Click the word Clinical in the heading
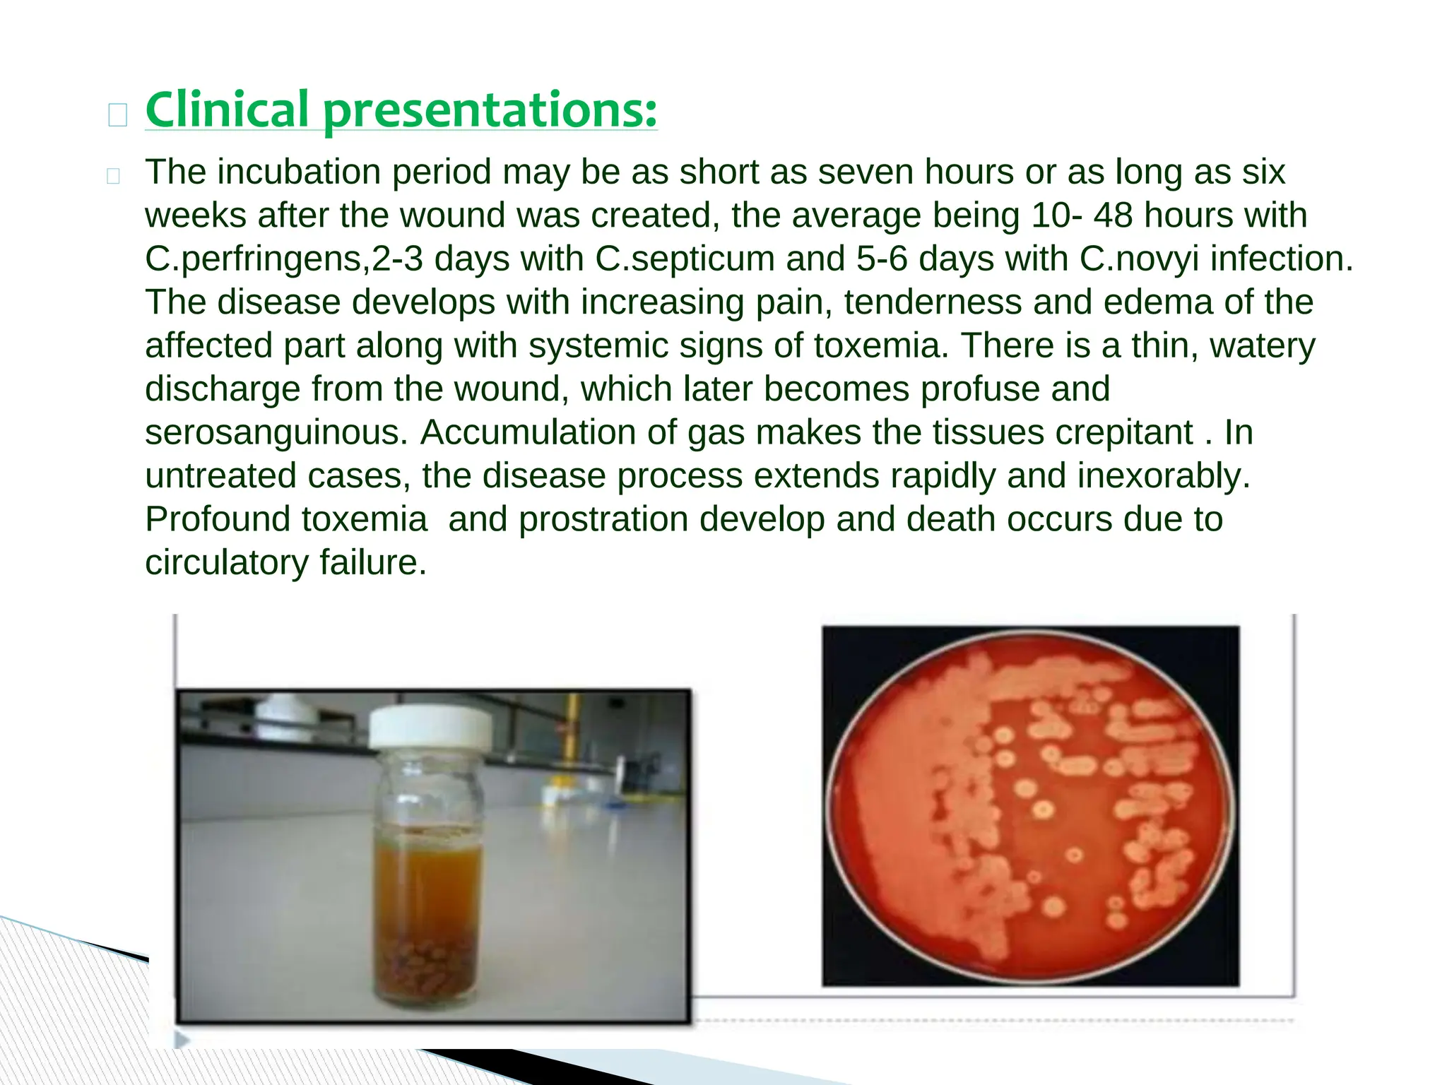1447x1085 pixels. click(x=227, y=110)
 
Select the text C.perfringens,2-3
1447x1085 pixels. click(x=283, y=259)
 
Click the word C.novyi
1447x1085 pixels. click(x=1138, y=259)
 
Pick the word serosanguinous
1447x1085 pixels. click(x=276, y=432)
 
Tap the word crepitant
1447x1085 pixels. click(x=1123, y=432)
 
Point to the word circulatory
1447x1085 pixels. click(x=226, y=563)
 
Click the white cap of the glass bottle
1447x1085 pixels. click(x=430, y=728)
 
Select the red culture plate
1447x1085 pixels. click(x=1030, y=805)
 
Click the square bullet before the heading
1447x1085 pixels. click(x=118, y=115)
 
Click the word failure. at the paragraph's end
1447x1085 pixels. click(x=373, y=563)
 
